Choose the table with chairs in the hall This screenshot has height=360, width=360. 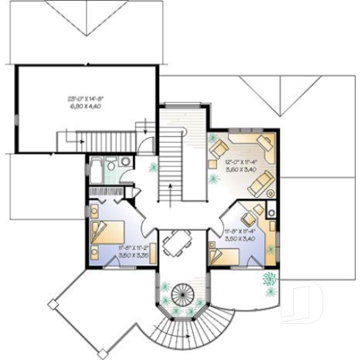177,243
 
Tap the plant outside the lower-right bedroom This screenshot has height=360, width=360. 270,279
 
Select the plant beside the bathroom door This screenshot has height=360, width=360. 153,167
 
